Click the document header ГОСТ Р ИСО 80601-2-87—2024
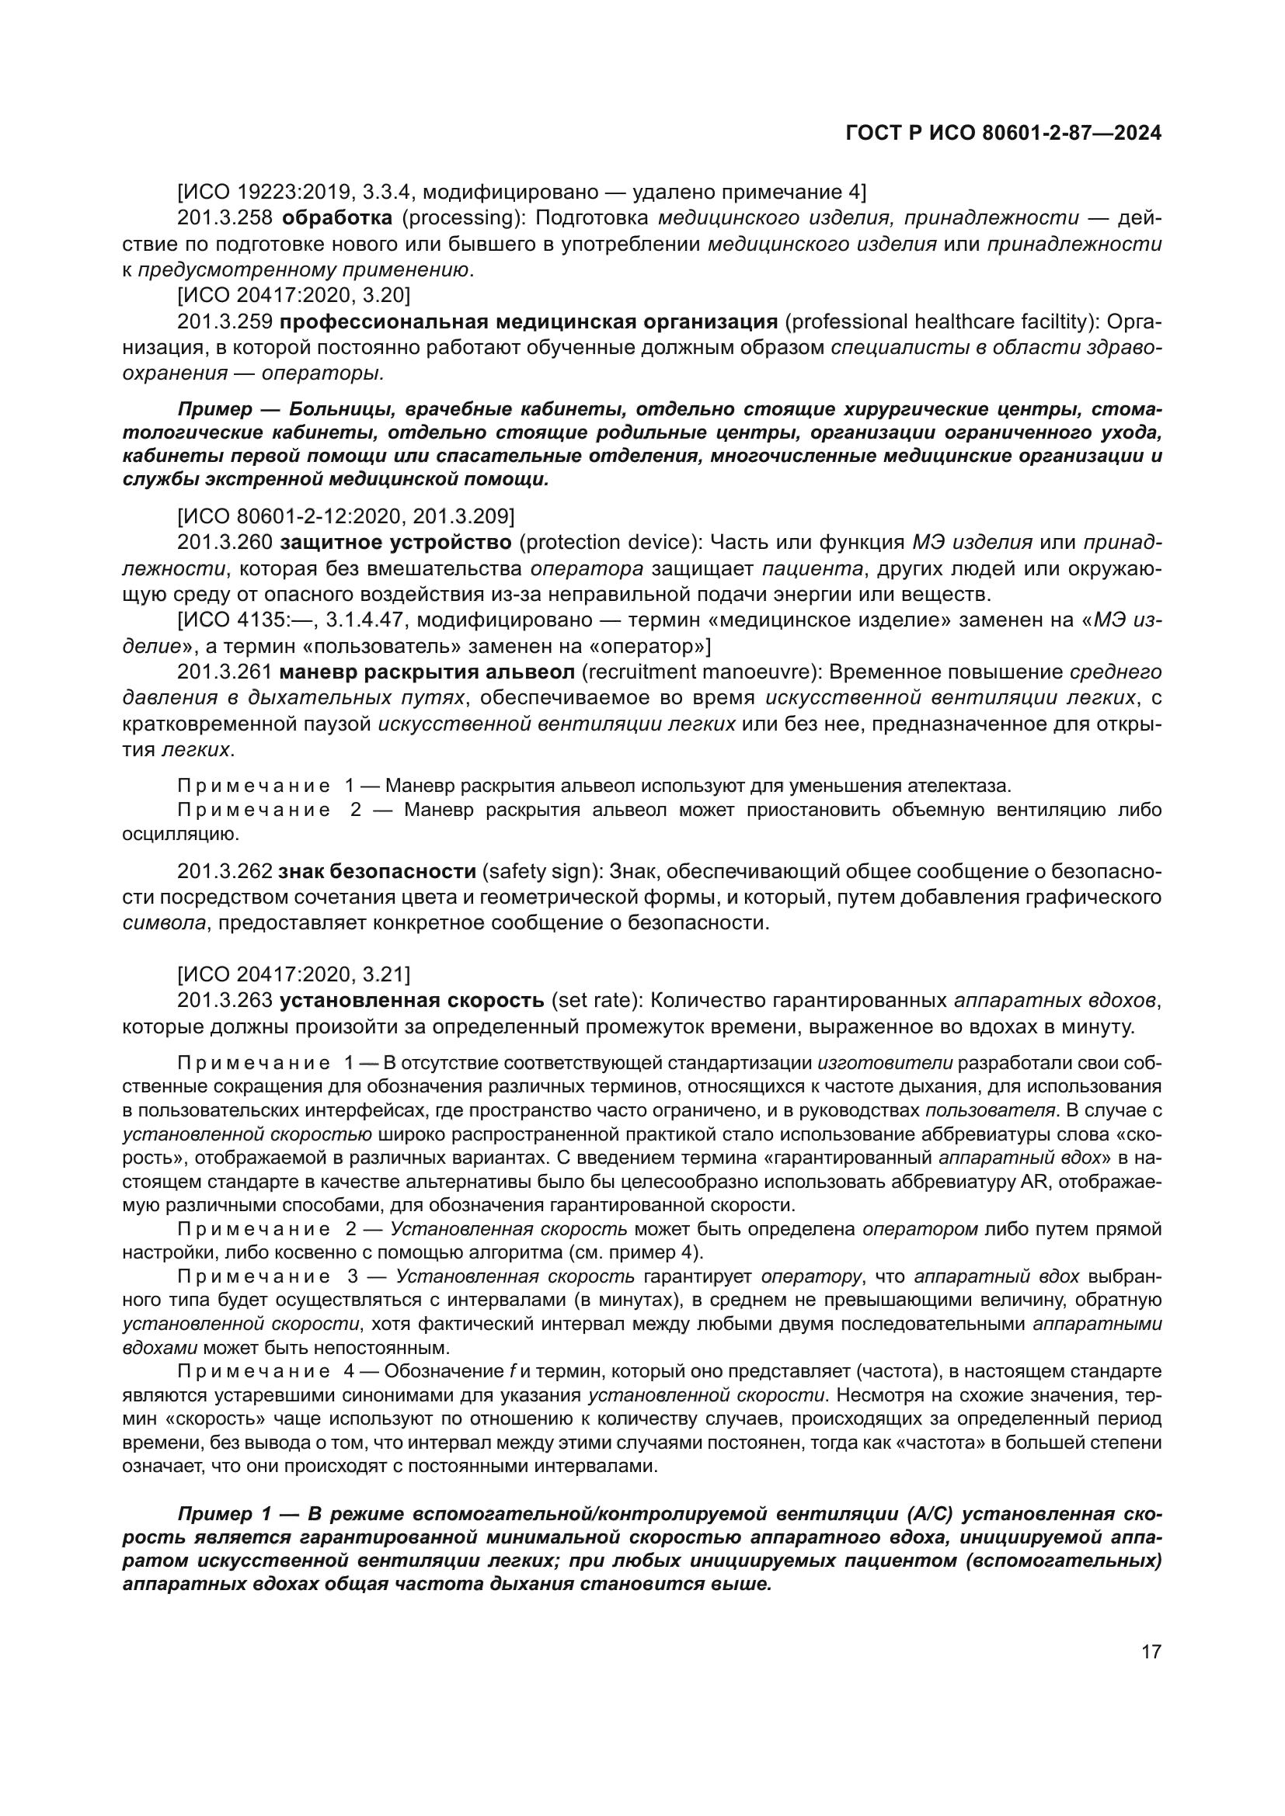point(1003,134)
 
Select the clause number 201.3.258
point(225,218)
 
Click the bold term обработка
point(336,218)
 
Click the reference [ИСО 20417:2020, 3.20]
point(294,296)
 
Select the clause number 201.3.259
point(225,322)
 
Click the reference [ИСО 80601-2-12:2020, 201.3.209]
point(346,516)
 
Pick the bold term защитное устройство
point(395,543)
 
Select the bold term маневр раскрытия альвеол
point(427,672)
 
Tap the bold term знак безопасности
point(377,872)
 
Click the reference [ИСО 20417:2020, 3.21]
point(294,974)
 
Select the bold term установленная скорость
point(412,1001)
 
